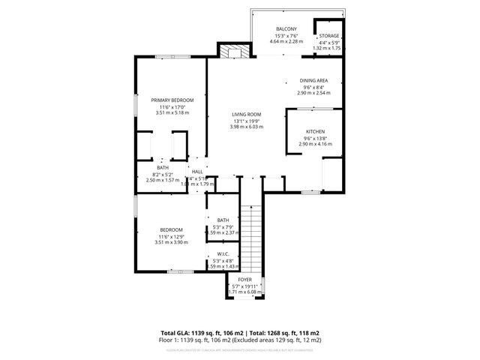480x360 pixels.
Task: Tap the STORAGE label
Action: point(328,36)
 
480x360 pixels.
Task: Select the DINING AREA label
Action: point(313,80)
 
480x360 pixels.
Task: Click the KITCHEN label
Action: point(314,131)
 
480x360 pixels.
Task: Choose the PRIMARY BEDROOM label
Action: point(172,100)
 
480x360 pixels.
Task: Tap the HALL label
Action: point(197,172)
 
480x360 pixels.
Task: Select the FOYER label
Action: point(245,280)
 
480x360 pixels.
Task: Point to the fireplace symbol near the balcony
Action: point(233,51)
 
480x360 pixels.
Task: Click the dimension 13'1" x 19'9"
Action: point(245,121)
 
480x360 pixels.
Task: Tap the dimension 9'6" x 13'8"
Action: point(314,137)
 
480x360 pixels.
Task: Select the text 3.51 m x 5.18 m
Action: point(172,112)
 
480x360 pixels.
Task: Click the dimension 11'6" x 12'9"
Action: point(172,237)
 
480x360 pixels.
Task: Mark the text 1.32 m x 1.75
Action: point(328,48)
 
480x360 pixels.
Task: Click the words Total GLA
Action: point(177,332)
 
